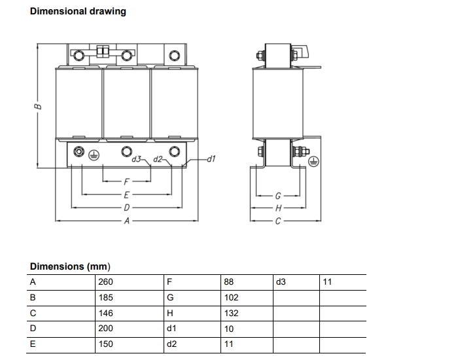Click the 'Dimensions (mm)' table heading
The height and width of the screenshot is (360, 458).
70,266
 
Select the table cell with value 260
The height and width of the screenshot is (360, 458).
105,282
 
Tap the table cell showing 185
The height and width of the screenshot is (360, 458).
105,298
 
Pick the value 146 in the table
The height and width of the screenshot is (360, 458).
105,313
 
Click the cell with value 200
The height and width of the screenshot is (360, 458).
105,329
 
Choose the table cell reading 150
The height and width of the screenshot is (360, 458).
105,344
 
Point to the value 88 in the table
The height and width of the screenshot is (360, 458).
229,282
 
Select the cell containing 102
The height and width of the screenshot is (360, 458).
231,298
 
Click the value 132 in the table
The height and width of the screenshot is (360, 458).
231,313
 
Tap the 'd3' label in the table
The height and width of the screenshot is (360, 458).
281,282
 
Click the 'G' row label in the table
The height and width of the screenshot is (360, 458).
170,298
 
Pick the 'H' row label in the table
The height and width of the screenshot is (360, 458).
170,313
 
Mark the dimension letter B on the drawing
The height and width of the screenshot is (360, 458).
39,105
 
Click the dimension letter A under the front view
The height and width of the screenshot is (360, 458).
126,221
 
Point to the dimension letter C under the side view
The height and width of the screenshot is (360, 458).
278,221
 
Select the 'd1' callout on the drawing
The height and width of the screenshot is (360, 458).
211,159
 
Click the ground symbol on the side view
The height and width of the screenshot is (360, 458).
313,161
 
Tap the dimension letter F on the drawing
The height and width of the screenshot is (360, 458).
126,181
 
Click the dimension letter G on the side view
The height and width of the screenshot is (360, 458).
278,195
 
